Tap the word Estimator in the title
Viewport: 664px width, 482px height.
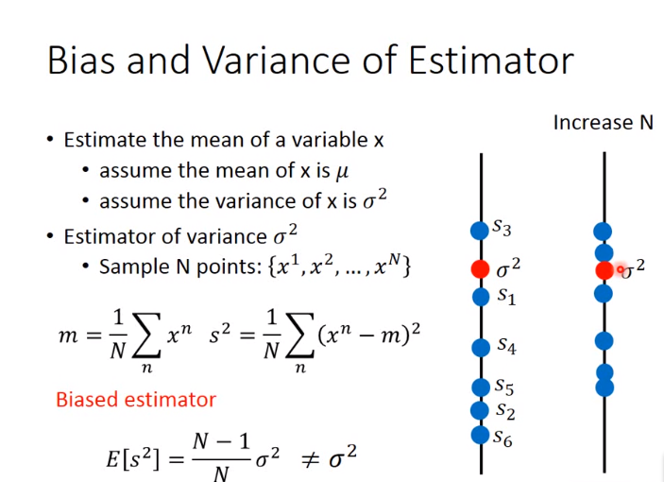point(491,60)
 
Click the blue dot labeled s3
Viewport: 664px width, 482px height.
point(480,231)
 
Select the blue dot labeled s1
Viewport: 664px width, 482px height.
point(481,297)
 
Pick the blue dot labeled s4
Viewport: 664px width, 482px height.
point(481,348)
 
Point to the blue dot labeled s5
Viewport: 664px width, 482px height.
point(481,387)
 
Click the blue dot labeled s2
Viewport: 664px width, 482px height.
point(480,410)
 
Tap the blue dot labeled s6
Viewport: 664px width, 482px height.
point(480,435)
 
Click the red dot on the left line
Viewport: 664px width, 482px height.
point(480,269)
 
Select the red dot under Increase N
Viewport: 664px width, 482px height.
point(604,270)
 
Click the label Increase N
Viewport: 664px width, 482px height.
point(604,123)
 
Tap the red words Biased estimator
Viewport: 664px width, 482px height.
point(136,400)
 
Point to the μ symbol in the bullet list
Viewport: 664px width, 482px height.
point(342,172)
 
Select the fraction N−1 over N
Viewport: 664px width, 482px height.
point(221,458)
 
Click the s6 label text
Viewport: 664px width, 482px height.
point(502,438)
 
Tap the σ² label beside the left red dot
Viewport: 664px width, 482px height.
point(508,268)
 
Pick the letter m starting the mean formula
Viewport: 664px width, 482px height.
point(68,336)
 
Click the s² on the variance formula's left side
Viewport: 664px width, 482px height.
point(220,334)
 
